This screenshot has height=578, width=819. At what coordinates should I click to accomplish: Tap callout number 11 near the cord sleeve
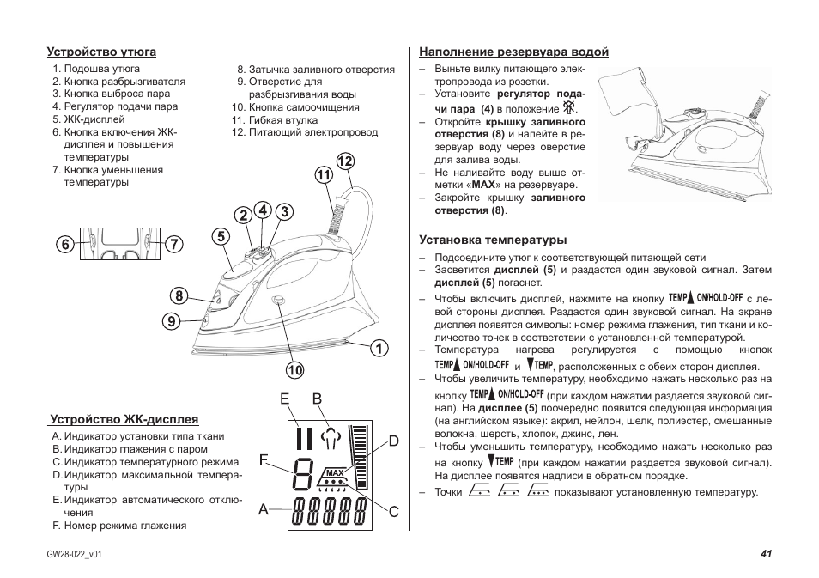pyautogui.click(x=323, y=175)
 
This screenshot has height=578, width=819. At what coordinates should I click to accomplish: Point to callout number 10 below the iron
pyautogui.click(x=295, y=370)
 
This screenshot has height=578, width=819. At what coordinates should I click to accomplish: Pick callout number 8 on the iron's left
pyautogui.click(x=179, y=296)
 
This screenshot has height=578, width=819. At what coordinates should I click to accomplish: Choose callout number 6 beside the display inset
pyautogui.click(x=64, y=244)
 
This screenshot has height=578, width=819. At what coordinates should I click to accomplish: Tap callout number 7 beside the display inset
pyautogui.click(x=175, y=244)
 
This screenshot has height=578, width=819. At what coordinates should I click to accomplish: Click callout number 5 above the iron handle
pyautogui.click(x=221, y=236)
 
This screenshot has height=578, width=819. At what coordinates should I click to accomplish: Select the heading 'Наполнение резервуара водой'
pyautogui.click(x=513, y=52)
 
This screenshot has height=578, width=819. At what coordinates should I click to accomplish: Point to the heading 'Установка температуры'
pyautogui.click(x=493, y=240)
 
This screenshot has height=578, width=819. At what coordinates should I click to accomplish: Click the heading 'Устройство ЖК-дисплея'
pyautogui.click(x=124, y=420)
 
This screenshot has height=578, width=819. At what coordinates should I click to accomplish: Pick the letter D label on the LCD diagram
pyautogui.click(x=394, y=441)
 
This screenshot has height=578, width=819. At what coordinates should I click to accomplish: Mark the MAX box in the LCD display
pyautogui.click(x=335, y=473)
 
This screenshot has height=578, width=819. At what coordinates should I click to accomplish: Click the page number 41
pyautogui.click(x=766, y=554)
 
